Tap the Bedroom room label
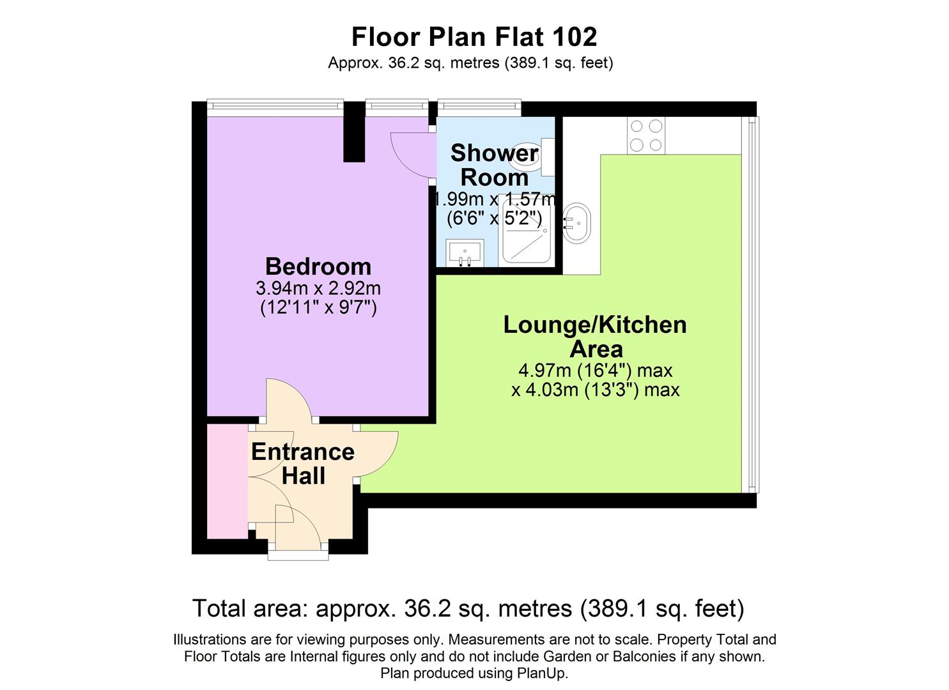[x=318, y=266]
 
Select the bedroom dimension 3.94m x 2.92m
[x=318, y=287]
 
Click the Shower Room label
[x=494, y=165]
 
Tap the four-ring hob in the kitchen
[x=645, y=135]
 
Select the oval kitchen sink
[x=577, y=223]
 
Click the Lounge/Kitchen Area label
[x=595, y=336]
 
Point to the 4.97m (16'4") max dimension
[x=595, y=370]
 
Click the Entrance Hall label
[x=303, y=463]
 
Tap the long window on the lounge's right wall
[x=751, y=304]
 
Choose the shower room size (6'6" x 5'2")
[x=494, y=218]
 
